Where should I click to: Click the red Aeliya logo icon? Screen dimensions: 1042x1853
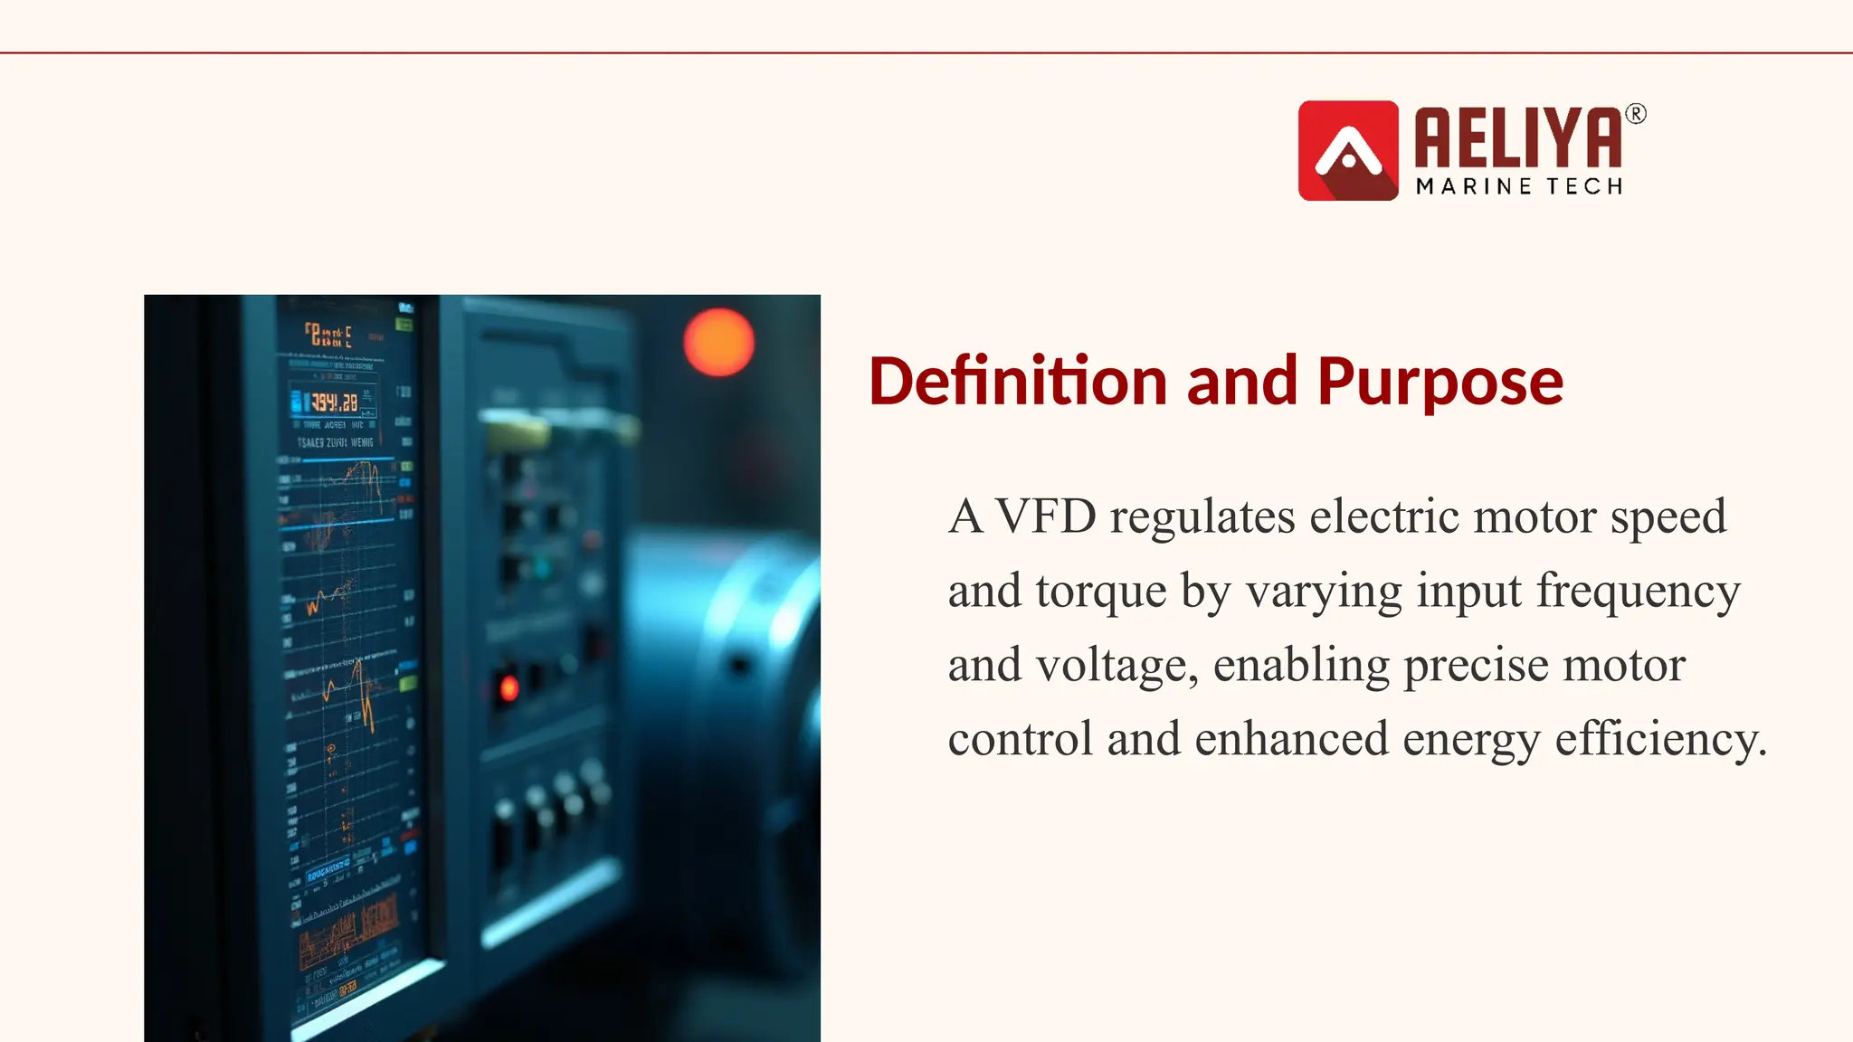point(1348,150)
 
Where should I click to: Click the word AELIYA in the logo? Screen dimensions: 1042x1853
point(1518,137)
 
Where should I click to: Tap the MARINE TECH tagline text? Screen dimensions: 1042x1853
point(1519,186)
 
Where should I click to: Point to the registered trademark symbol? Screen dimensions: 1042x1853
point(1636,114)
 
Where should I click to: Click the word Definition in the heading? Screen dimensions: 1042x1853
point(1018,381)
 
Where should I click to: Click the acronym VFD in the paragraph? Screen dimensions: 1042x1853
point(1045,516)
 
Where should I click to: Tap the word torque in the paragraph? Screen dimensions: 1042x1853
point(1101,592)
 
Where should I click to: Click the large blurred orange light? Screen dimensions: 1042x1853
point(718,342)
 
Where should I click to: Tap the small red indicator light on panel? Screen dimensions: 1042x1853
point(509,688)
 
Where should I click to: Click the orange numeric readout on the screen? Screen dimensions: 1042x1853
point(334,402)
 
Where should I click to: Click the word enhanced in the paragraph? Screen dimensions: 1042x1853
point(1291,739)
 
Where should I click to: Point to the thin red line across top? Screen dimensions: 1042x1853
point(926,53)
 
